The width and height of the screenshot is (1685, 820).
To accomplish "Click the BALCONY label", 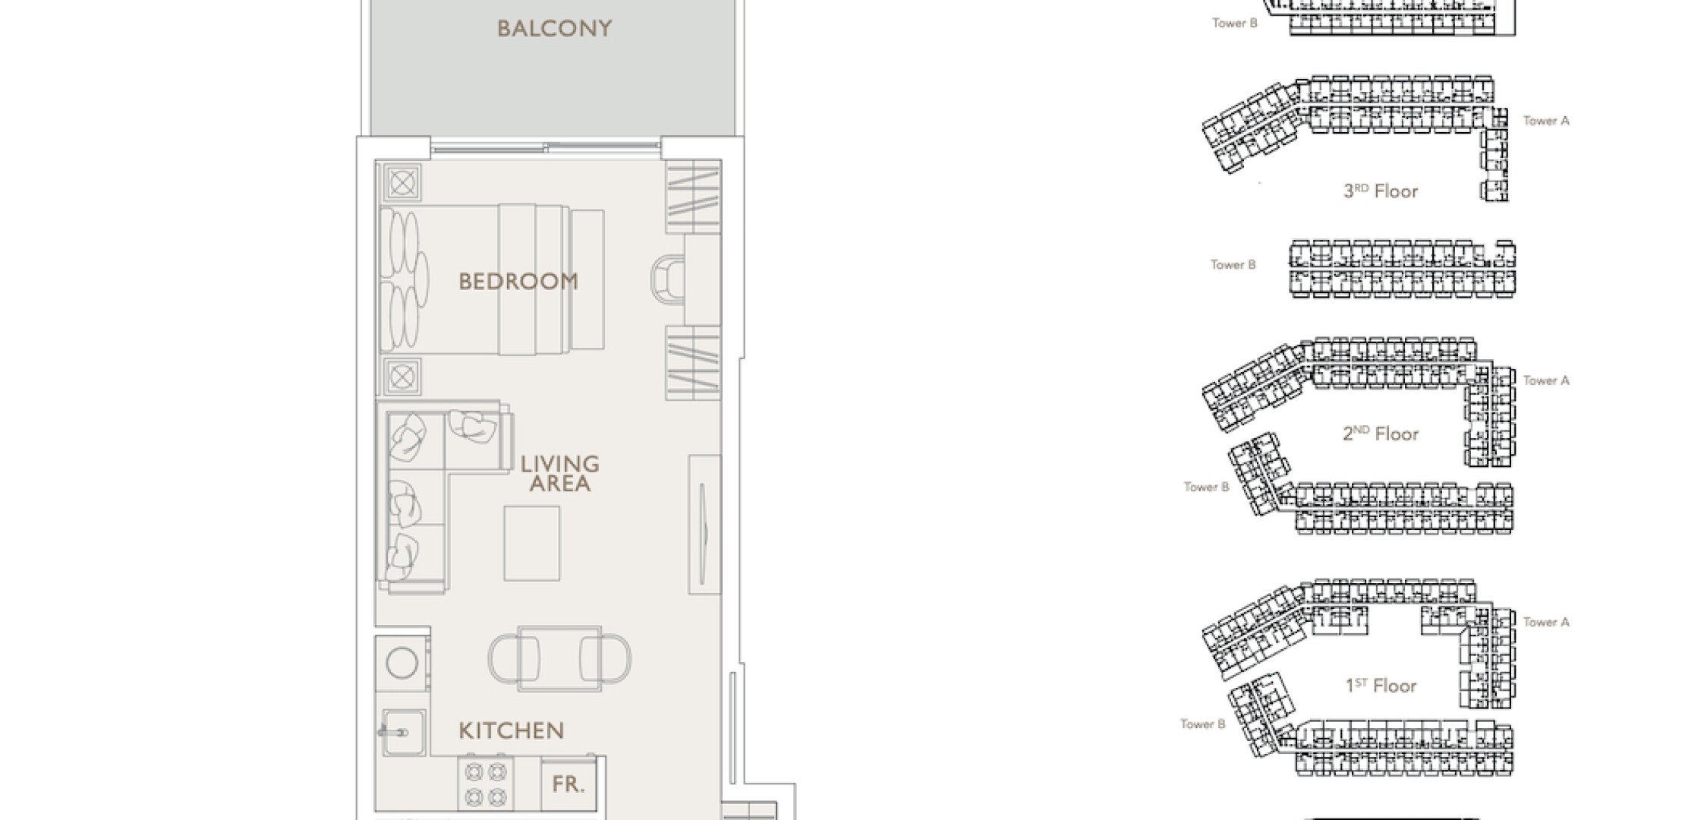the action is coord(554,29).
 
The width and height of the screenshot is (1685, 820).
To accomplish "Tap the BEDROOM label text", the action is coord(518,282).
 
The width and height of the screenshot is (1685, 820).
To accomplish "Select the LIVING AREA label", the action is coord(560,474).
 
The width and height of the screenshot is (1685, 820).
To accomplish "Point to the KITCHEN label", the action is coord(512,731).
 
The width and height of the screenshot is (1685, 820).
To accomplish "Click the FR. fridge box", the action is coord(568,784).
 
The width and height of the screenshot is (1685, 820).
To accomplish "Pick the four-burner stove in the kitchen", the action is coord(486,784).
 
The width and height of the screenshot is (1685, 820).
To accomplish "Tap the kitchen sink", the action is coord(403,733).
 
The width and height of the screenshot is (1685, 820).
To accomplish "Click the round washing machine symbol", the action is coord(402,663).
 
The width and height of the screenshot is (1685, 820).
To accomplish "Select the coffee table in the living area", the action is coord(532,544).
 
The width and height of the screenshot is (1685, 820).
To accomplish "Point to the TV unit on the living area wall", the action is coord(704,524).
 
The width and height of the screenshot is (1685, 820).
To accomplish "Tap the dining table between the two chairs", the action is coord(560,659).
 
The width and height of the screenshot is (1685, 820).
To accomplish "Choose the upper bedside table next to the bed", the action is coord(402,183).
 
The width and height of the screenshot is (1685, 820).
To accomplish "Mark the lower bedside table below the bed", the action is coord(402,376).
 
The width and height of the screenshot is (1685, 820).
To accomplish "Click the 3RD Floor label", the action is coord(1381,191).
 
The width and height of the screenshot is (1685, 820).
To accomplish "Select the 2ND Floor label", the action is coord(1381,434).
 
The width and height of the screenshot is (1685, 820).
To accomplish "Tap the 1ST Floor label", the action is coord(1381,686).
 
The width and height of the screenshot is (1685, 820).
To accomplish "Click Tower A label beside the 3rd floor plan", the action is coord(1546,121).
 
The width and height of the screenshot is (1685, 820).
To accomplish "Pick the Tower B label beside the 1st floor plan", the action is coord(1203,724).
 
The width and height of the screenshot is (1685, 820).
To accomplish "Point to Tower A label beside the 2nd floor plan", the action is coord(1546,380).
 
